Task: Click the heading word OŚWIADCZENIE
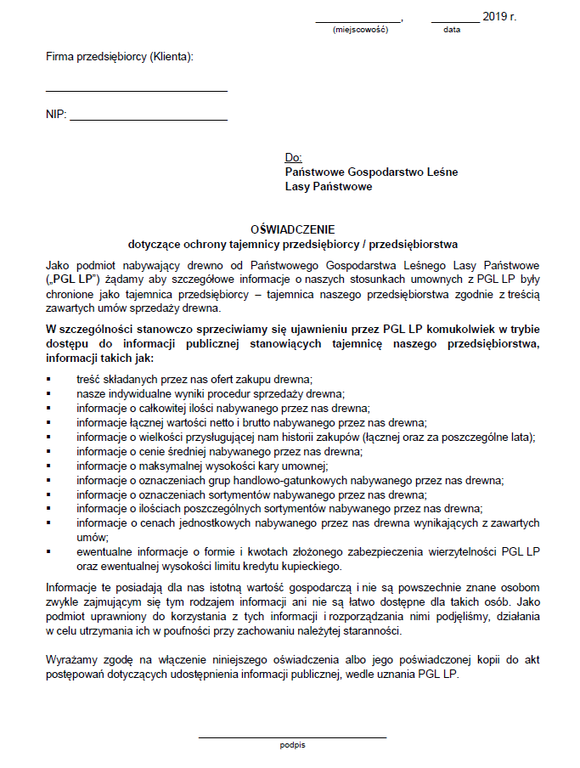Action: point(293,229)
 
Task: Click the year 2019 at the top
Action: point(493,16)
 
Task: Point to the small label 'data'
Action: point(452,30)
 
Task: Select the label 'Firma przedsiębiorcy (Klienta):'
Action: point(120,58)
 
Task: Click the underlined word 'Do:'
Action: point(294,158)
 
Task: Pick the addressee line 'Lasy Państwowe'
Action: point(329,186)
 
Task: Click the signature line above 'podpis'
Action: point(292,737)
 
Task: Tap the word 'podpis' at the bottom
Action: point(292,745)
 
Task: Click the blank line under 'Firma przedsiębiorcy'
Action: point(137,90)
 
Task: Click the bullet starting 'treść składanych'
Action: point(194,378)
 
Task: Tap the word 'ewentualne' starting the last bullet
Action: point(104,551)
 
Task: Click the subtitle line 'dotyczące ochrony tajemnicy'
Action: point(293,242)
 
